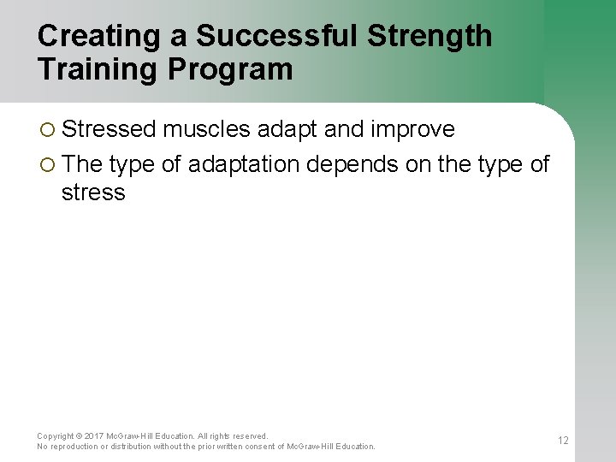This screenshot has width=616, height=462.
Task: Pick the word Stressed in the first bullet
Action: pos(109,129)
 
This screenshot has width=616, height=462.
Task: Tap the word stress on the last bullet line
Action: pos(93,192)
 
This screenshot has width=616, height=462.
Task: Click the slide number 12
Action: pos(563,441)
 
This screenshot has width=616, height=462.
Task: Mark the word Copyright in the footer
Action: pos(56,436)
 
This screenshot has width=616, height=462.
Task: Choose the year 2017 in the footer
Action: pos(94,436)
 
